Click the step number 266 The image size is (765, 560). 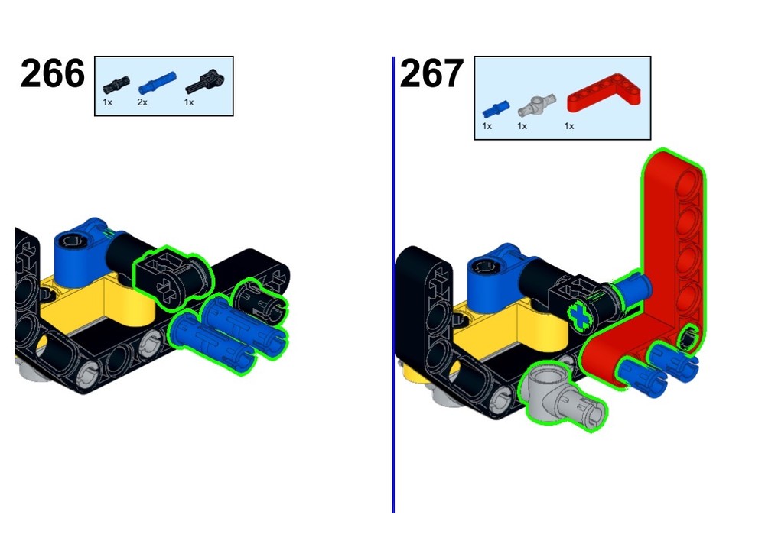[x=53, y=73]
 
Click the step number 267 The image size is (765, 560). [x=431, y=73]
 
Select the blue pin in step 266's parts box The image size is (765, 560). [x=157, y=83]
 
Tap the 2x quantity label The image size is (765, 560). [x=142, y=102]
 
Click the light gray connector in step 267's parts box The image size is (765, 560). [x=537, y=105]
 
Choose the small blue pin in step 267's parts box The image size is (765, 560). [x=496, y=109]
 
